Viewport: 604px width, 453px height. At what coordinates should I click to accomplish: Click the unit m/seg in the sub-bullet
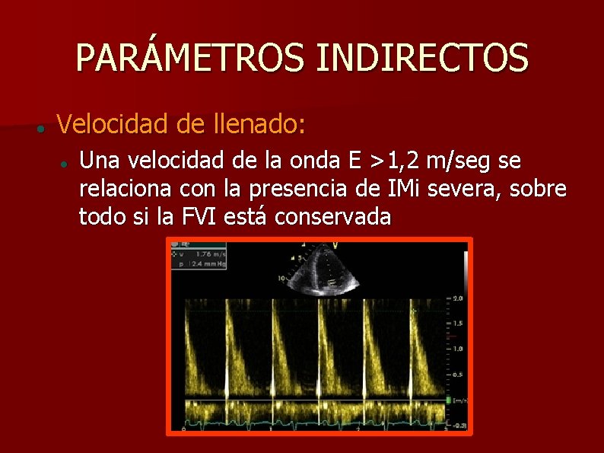coord(460,161)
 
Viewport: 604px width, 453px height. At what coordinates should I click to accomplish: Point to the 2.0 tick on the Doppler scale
coord(457,298)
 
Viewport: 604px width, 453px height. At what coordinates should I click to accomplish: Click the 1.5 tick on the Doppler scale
coord(457,324)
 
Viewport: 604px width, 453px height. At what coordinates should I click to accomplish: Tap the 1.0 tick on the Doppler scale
coord(457,349)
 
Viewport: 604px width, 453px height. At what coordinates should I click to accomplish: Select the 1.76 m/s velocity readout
coord(210,254)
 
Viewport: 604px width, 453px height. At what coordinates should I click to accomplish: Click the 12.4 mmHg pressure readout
coord(210,264)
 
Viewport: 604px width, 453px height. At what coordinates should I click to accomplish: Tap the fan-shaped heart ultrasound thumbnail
coord(318,271)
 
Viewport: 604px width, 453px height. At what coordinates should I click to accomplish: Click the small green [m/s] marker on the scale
coord(459,400)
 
